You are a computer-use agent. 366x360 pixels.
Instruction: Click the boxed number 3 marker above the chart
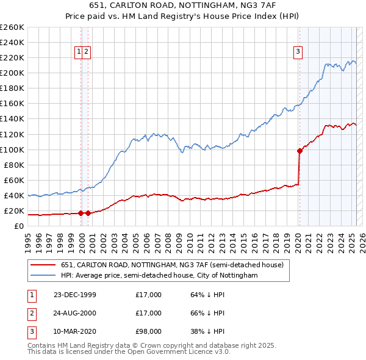click(298, 52)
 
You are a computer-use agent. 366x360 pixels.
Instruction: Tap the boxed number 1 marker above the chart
click(79, 52)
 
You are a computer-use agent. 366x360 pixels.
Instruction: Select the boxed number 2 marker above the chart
click(87, 52)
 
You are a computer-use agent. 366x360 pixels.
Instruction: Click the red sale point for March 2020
click(300, 151)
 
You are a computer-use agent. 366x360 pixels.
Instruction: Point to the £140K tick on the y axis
click(12, 118)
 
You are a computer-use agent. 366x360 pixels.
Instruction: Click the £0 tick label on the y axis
click(20, 226)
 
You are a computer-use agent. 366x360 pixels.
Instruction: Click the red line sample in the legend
click(43, 265)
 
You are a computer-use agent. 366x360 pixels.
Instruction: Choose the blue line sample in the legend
click(43, 275)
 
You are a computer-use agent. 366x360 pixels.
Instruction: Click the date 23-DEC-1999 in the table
click(75, 295)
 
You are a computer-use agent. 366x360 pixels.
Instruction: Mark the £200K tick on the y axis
click(12, 73)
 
